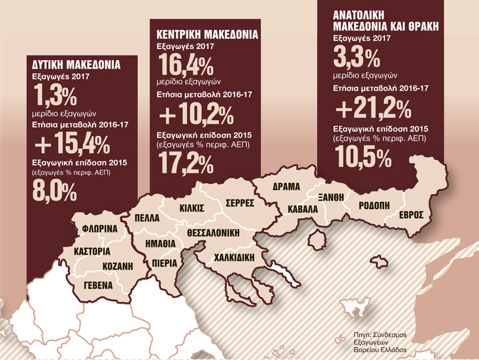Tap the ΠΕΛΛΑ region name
(146, 218)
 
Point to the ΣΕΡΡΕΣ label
(239, 203)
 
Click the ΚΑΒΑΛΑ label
(302, 209)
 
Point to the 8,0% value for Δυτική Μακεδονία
(56, 191)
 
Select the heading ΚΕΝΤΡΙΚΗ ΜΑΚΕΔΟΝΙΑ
(208, 34)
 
